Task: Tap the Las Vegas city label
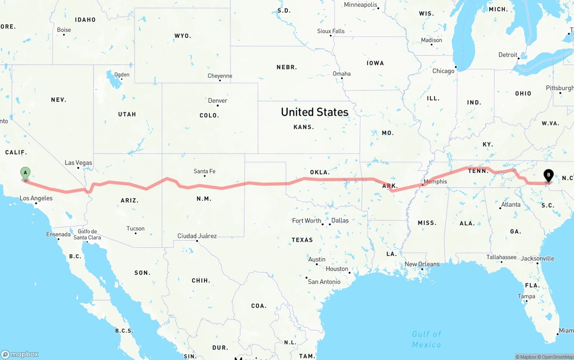coord(78,163)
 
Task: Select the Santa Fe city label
coord(204,171)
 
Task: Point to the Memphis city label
coord(435,182)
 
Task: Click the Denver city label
coord(217,101)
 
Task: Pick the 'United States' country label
coord(314,112)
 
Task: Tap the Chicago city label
coord(443,71)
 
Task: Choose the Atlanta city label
coord(511,205)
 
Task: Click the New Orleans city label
coord(422,264)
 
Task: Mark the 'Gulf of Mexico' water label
coord(426,339)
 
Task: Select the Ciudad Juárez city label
coord(197,236)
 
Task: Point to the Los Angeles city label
coord(36,198)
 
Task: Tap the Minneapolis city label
coord(361,5)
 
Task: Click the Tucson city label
coord(135,229)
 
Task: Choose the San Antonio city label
coord(324,282)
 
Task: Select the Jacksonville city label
coord(537,258)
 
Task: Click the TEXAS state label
coord(302,240)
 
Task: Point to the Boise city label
coord(64,30)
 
